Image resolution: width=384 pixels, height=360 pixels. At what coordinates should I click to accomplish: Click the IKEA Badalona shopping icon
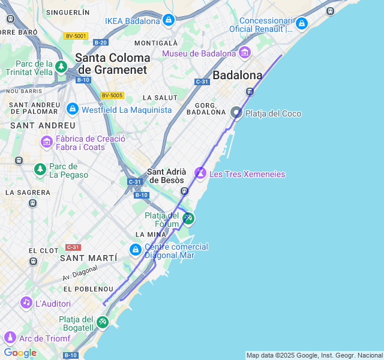tap(168, 21)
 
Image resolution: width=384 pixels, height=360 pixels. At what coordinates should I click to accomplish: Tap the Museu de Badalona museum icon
tap(244, 53)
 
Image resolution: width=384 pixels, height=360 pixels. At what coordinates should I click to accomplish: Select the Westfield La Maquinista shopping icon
tap(73, 109)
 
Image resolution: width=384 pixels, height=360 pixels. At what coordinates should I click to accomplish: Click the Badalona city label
tap(238, 76)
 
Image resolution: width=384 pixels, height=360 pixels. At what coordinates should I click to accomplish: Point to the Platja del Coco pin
tap(236, 113)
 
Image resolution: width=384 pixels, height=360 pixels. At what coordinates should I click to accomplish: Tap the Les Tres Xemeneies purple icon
tap(200, 173)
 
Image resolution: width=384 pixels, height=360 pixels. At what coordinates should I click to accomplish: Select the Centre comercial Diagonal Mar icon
tap(136, 250)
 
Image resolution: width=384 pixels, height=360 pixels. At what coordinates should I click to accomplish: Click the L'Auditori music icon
tap(26, 302)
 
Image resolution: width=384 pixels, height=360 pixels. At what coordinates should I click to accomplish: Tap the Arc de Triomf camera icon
tap(9, 338)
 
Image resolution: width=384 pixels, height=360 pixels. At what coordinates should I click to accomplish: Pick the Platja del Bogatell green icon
tap(103, 322)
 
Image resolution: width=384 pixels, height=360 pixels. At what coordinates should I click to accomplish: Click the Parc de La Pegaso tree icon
tap(40, 170)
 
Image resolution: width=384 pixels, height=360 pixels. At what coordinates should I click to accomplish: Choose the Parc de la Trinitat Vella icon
tap(61, 67)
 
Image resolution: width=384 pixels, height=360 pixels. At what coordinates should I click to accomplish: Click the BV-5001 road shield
tap(76, 36)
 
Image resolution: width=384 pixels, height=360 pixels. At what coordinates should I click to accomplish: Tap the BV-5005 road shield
tap(112, 95)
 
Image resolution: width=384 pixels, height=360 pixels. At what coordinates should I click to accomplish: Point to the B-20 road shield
tap(100, 42)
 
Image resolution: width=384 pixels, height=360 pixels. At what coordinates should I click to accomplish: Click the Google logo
tap(20, 353)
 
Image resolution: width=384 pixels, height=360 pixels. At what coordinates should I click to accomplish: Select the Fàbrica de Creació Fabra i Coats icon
tap(46, 142)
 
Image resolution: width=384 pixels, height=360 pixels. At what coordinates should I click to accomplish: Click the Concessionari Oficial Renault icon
tap(301, 23)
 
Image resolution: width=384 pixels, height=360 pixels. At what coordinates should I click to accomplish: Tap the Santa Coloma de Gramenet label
tap(112, 64)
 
